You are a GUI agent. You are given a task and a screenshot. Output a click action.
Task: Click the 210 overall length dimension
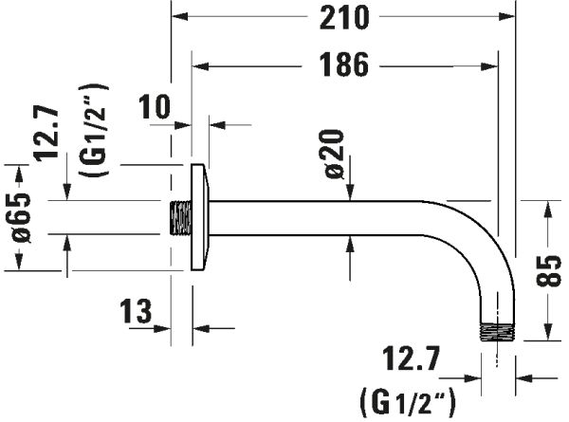pyautogui.click(x=344, y=18)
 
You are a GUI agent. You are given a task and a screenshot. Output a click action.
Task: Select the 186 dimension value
pyautogui.click(x=344, y=64)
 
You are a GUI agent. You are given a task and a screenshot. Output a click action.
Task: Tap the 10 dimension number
pyautogui.click(x=155, y=106)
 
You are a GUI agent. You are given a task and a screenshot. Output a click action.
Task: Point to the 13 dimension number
pyautogui.click(x=136, y=311)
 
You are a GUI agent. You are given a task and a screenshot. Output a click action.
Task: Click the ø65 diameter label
pyautogui.click(x=22, y=218)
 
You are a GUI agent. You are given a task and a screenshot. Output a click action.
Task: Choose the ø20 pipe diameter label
pyautogui.click(x=334, y=154)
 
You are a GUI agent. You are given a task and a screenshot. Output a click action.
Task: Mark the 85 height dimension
pyautogui.click(x=548, y=271)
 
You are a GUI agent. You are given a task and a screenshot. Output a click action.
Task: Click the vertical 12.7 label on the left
pyautogui.click(x=46, y=133)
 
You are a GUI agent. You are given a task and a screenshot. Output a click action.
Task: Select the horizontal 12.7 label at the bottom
pyautogui.click(x=412, y=358)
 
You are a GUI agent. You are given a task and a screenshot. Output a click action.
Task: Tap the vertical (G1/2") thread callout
pyautogui.click(x=94, y=130)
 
